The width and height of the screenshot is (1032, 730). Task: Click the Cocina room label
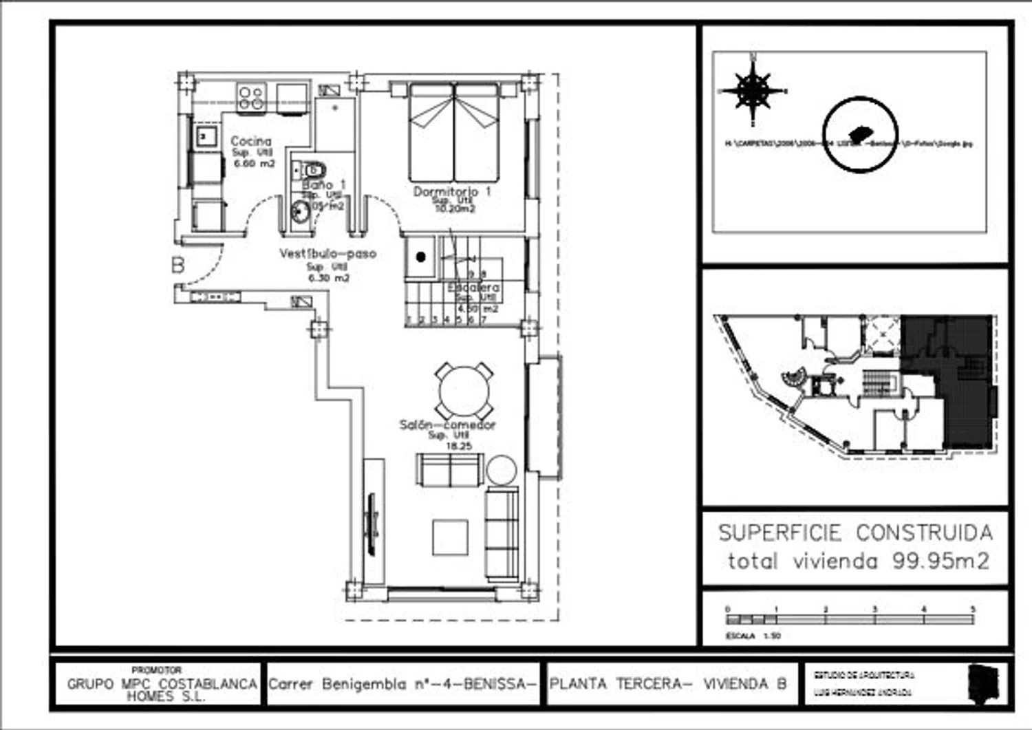(x=251, y=141)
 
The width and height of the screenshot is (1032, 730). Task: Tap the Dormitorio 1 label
(x=452, y=191)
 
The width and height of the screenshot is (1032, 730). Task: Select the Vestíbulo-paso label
(x=327, y=253)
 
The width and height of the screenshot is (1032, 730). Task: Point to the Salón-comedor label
(x=447, y=425)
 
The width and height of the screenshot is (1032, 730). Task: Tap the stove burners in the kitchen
(x=251, y=96)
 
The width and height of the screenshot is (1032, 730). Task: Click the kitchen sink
(x=204, y=136)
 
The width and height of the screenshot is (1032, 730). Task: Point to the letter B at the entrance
(x=178, y=264)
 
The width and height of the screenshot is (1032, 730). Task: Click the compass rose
(x=753, y=90)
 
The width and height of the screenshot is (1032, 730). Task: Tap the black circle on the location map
(x=860, y=134)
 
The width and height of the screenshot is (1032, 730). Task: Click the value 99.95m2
(x=940, y=561)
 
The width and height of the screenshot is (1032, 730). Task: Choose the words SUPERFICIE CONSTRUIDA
(x=855, y=533)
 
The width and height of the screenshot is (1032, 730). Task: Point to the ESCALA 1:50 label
(x=753, y=636)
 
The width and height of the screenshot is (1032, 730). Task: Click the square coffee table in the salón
(x=450, y=537)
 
